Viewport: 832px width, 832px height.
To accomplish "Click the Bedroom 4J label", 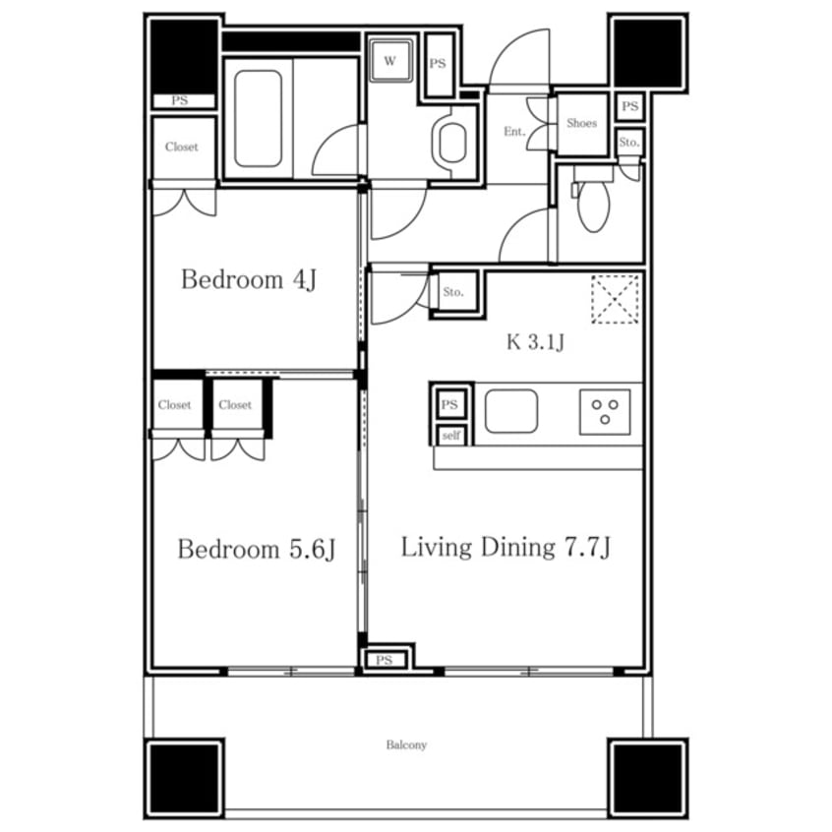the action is pyautogui.click(x=249, y=279).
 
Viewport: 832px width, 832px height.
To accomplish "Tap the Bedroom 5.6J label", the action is pyautogui.click(x=257, y=549).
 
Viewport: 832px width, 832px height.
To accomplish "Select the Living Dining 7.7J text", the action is pyautogui.click(x=505, y=547).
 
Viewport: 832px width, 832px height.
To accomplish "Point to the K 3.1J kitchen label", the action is pyautogui.click(x=535, y=342).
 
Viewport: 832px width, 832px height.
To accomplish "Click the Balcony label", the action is pyautogui.click(x=406, y=744).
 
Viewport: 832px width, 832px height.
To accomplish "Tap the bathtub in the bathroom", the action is pyautogui.click(x=258, y=119).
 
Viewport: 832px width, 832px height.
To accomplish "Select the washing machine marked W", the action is pyautogui.click(x=390, y=61).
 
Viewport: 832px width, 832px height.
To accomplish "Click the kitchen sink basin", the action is pyautogui.click(x=511, y=411).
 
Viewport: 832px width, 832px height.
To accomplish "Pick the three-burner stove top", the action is pyautogui.click(x=605, y=412).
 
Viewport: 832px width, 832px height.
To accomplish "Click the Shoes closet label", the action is pyautogui.click(x=581, y=123).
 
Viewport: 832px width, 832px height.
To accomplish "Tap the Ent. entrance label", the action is pyautogui.click(x=514, y=131).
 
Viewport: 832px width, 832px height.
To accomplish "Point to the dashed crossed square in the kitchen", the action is pyautogui.click(x=615, y=299).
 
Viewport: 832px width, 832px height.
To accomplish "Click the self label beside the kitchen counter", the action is pyautogui.click(x=451, y=436).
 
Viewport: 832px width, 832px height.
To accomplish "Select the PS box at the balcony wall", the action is pyautogui.click(x=385, y=660).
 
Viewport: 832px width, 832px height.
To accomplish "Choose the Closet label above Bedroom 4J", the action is pyautogui.click(x=182, y=147).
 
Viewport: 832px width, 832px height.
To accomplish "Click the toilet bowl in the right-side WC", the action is pyautogui.click(x=594, y=207).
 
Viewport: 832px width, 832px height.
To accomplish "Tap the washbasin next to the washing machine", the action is pyautogui.click(x=451, y=143).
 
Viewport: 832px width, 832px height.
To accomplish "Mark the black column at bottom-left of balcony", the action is pyautogui.click(x=185, y=779).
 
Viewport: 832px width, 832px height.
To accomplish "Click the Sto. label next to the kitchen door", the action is pyautogui.click(x=453, y=292).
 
